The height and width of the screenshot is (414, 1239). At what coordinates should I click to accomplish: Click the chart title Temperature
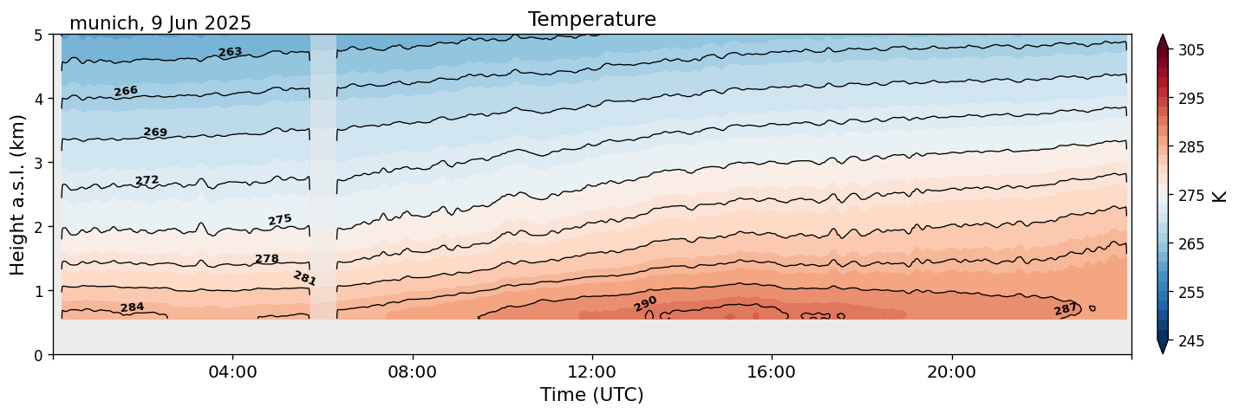tap(591, 19)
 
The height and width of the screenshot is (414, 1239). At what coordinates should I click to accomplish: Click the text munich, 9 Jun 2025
tap(160, 23)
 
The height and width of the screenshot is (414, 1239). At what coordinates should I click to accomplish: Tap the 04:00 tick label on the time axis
tap(233, 372)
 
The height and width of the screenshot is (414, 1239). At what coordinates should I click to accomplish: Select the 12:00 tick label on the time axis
tap(592, 372)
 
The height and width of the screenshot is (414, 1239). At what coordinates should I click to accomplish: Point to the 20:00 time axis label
tap(952, 372)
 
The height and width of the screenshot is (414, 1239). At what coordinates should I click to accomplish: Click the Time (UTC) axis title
tap(591, 395)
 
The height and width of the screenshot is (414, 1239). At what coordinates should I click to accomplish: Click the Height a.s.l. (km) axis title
tap(18, 194)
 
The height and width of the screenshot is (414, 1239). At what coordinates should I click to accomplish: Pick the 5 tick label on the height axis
tap(38, 36)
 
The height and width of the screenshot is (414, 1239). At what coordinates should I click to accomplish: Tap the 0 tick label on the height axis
tap(38, 355)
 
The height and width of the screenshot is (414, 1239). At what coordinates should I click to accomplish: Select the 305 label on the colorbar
tap(1190, 50)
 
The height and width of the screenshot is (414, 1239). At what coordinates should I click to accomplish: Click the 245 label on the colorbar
tap(1190, 342)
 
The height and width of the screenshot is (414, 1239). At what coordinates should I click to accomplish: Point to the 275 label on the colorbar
tap(1190, 196)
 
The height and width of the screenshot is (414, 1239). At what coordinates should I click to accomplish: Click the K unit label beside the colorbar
tap(1220, 196)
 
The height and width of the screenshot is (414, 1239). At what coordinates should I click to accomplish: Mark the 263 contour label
tap(230, 53)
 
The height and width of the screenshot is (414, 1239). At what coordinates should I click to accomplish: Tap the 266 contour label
tap(126, 91)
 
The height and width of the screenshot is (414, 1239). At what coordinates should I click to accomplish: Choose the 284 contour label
tap(132, 307)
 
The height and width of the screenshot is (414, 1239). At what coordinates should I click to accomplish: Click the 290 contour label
tap(645, 304)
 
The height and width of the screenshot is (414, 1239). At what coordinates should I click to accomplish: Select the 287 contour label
tap(1066, 309)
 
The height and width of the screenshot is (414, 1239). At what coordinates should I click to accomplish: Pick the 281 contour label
tap(304, 278)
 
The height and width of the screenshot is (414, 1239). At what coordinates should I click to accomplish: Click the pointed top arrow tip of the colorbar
tap(1163, 36)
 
